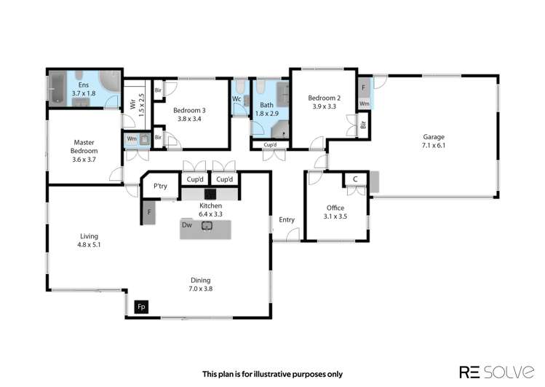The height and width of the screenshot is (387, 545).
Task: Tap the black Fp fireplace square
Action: pyautogui.click(x=142, y=307)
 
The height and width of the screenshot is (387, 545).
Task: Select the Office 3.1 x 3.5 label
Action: pyautogui.click(x=335, y=212)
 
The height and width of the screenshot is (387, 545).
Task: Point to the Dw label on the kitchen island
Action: pyautogui.click(x=187, y=226)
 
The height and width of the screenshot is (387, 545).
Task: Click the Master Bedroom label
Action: pyautogui.click(x=84, y=151)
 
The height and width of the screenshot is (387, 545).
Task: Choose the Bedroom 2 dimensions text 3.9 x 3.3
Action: pyautogui.click(x=324, y=106)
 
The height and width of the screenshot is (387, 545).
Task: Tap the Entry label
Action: pyautogui.click(x=287, y=219)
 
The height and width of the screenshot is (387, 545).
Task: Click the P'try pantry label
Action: pyautogui.click(x=160, y=187)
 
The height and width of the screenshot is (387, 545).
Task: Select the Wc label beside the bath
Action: pyautogui.click(x=237, y=99)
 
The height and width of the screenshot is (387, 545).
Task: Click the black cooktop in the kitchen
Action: pyautogui.click(x=210, y=194)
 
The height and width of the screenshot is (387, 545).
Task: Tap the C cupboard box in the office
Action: pyautogui.click(x=354, y=179)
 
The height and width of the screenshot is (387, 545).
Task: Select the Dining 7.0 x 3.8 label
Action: pyautogui.click(x=201, y=284)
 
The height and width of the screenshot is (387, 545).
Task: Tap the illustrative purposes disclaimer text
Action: pyautogui.click(x=272, y=374)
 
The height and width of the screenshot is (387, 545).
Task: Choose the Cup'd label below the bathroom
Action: pyautogui.click(x=270, y=145)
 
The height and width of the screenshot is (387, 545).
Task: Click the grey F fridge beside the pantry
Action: pyautogui.click(x=149, y=211)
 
